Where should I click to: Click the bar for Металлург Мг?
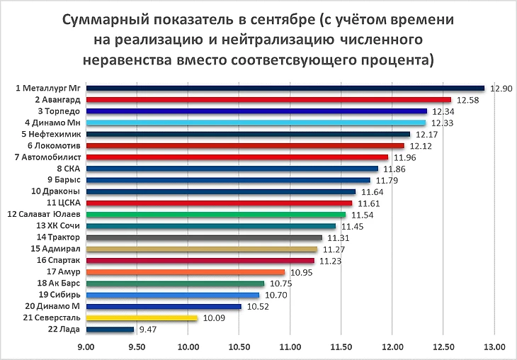[x=283, y=89]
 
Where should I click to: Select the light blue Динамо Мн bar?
[x=255, y=123]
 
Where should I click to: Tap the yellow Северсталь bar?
[x=141, y=318]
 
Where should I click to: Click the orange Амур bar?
[x=184, y=272]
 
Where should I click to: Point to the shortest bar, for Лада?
[x=109, y=330]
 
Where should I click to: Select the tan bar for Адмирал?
[x=201, y=249]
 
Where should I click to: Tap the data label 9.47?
[x=147, y=330]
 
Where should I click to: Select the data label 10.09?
[x=215, y=318]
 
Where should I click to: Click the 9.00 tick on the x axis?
[x=86, y=348]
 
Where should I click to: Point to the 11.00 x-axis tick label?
[x=290, y=348]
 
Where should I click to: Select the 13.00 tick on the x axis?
[x=494, y=348]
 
